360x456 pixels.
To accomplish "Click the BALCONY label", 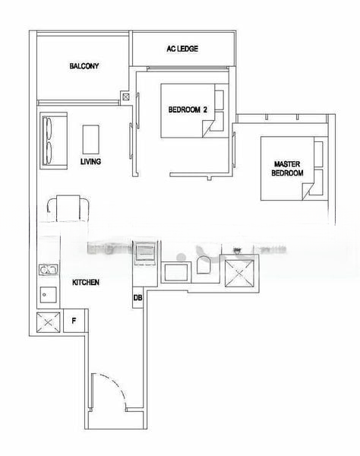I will click(84, 66).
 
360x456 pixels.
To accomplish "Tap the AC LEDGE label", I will click(182, 49).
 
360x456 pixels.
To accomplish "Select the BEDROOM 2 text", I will click(188, 109).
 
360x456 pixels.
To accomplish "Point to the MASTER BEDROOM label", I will click(288, 168).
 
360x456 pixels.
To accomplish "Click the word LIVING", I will click(90, 161).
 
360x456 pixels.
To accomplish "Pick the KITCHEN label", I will click(85, 282).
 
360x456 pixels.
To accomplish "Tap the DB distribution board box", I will click(137, 298).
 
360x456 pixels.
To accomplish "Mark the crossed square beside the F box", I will click(48, 322).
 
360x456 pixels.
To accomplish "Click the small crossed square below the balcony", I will click(125, 97).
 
